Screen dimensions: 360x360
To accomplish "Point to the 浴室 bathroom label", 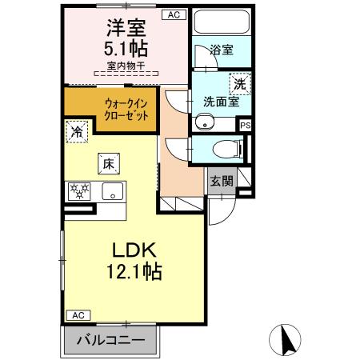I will pyautogui.click(x=222, y=50).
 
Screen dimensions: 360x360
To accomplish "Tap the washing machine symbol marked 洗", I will pyautogui.click(x=238, y=82).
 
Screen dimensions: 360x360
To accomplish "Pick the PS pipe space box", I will pyautogui.click(x=246, y=125).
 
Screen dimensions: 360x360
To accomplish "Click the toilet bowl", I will pyautogui.click(x=226, y=147).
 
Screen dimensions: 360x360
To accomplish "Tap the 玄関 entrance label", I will pyautogui.click(x=222, y=181).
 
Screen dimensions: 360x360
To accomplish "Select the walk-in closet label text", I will pyautogui.click(x=126, y=108).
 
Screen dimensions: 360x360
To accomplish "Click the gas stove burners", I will pyautogui.click(x=81, y=192).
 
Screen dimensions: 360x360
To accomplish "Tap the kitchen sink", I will pyautogui.click(x=113, y=192).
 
